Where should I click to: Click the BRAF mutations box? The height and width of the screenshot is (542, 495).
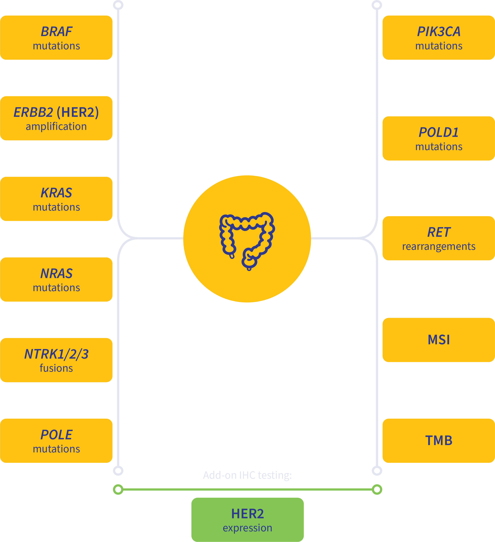(56, 38)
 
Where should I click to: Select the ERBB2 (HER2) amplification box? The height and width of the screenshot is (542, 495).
(56, 118)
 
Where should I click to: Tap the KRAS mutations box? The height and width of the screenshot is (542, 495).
(56, 199)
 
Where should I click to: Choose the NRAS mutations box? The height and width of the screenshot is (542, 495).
(56, 280)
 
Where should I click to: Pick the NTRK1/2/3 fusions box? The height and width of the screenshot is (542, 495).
(56, 360)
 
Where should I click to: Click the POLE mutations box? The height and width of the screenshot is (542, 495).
(56, 441)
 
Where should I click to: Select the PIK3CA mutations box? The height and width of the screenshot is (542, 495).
(438, 38)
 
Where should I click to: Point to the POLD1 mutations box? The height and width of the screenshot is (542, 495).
(438, 138)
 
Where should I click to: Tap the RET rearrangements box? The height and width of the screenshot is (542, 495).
(438, 238)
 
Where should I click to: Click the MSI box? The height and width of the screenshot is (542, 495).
(438, 340)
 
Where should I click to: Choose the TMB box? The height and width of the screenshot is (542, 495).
(438, 441)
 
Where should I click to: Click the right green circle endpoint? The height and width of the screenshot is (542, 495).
(377, 489)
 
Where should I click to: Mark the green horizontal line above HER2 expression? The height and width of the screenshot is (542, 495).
(247, 489)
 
